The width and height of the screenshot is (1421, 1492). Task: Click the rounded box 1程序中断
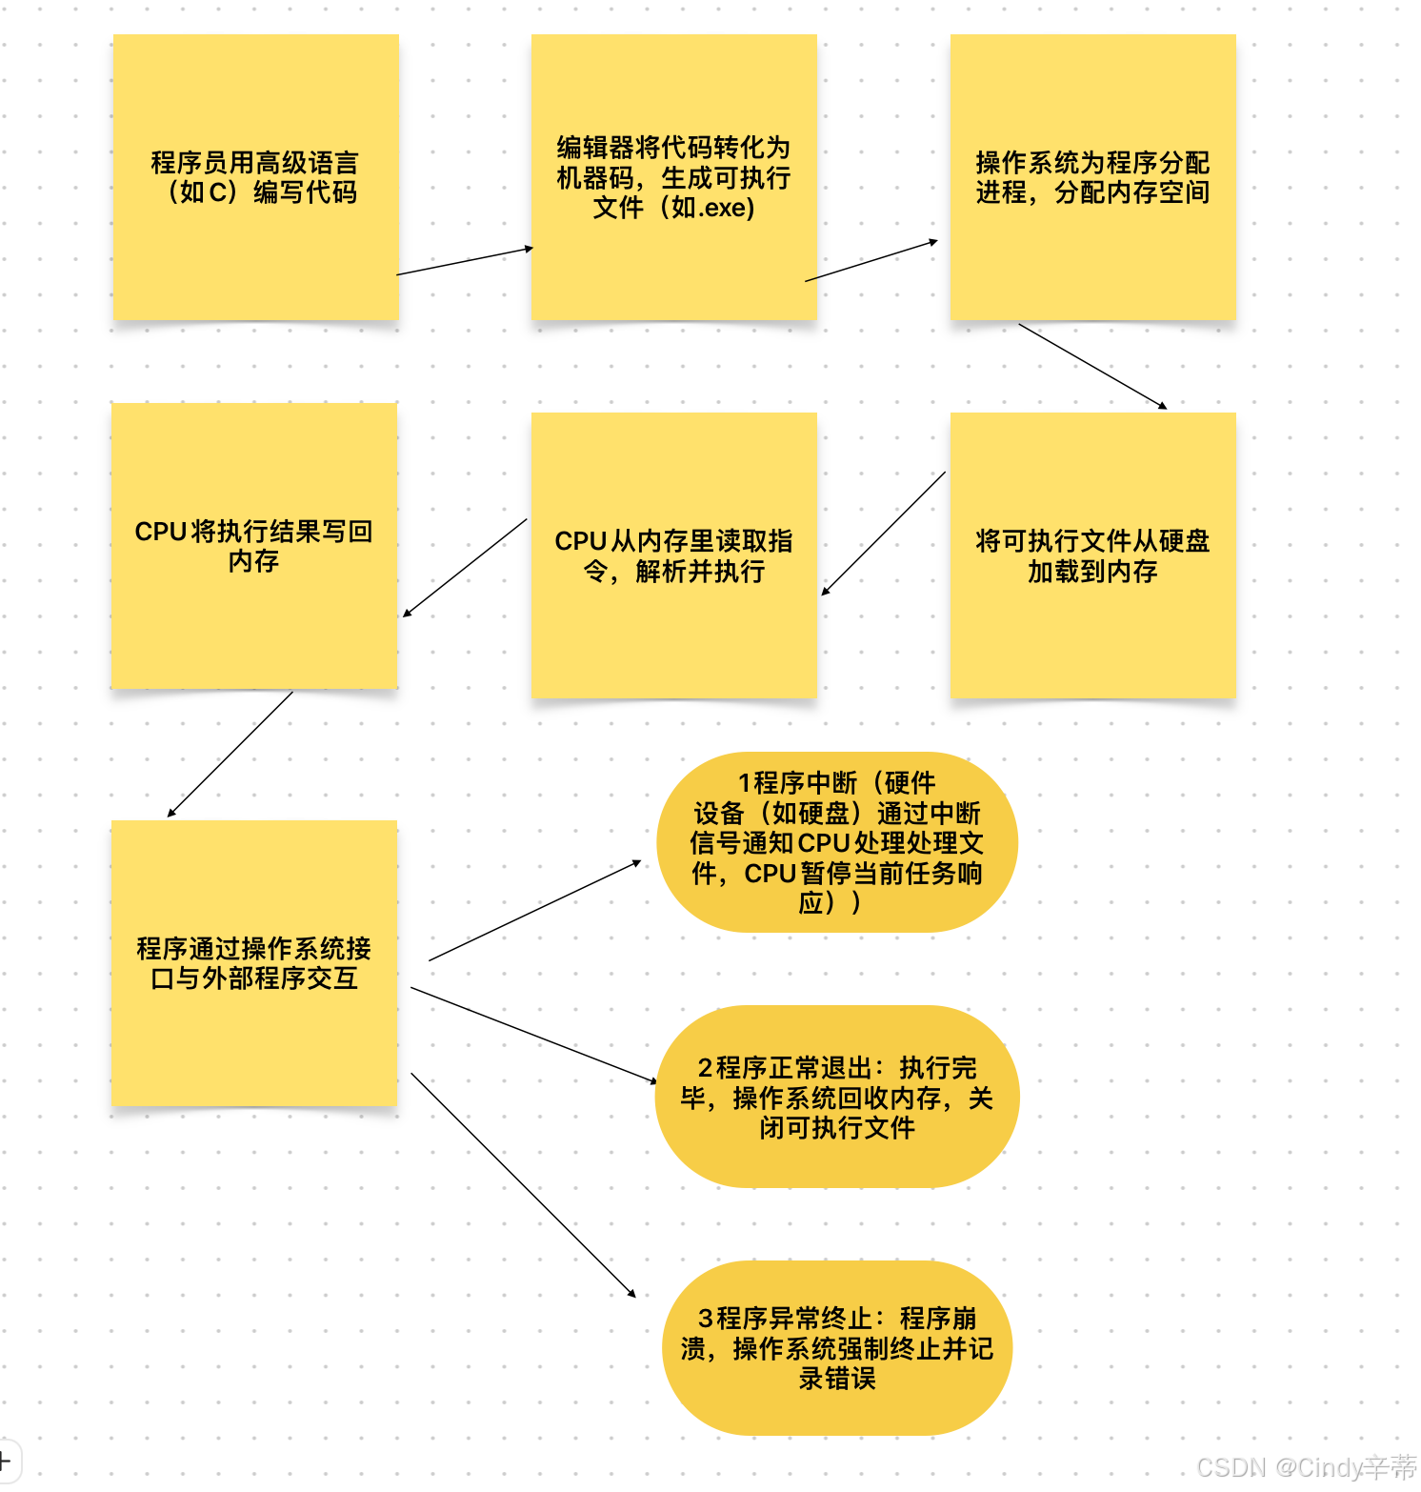coord(836,842)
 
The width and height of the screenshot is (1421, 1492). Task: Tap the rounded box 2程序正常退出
coord(836,1097)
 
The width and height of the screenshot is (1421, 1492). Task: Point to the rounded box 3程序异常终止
coord(836,1348)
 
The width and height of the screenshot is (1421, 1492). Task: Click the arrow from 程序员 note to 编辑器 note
coord(465,261)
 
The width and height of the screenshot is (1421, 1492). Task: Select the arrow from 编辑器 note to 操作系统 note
coord(871,261)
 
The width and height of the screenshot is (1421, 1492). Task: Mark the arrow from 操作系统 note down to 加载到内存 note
coord(1092,366)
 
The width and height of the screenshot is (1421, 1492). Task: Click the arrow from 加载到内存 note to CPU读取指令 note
coord(884,534)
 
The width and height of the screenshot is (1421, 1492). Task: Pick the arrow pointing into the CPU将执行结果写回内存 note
coord(465,568)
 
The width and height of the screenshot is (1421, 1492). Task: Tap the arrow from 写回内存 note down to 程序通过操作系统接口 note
coord(230,754)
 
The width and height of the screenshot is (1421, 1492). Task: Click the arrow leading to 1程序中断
coord(535,911)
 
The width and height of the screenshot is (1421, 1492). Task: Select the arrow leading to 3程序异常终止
coord(523,1184)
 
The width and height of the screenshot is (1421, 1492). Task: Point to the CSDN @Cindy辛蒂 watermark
coord(1306,1467)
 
